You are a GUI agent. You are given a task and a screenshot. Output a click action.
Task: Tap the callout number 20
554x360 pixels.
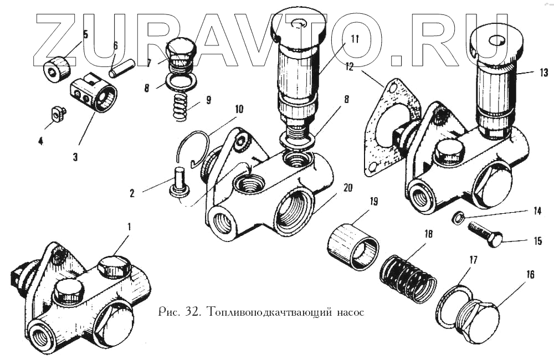tap(348, 188)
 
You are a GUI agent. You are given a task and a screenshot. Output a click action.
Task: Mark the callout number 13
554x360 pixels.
tap(543, 73)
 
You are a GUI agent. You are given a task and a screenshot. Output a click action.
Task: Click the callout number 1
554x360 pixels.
tap(129, 227)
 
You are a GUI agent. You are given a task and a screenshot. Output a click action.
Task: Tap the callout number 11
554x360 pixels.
tap(354, 39)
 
